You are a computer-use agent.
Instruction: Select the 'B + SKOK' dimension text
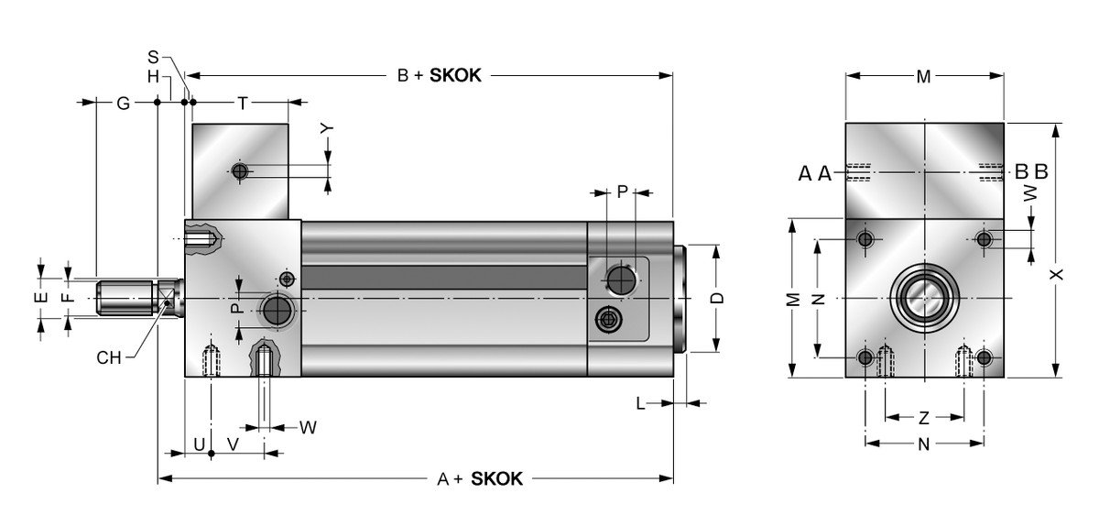439,76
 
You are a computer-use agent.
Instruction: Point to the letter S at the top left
153,56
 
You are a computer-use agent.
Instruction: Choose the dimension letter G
122,103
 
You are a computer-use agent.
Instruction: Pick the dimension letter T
242,103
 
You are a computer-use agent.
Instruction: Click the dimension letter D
718,298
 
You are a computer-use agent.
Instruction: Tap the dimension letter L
641,402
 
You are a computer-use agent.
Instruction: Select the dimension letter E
40,298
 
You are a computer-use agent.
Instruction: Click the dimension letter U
199,444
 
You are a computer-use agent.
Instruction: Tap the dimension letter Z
924,418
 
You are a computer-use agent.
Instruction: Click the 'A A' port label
815,172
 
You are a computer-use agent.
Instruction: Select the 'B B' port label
1031,171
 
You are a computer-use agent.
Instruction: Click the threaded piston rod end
123,298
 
